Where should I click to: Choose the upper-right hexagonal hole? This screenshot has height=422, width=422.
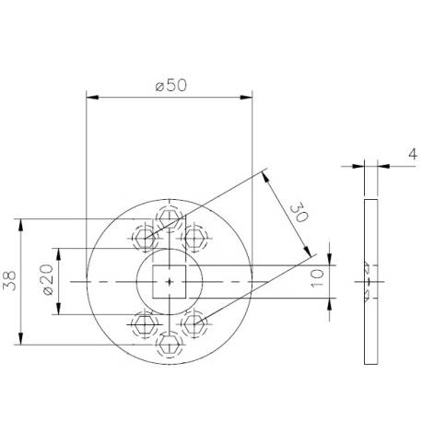[193, 237]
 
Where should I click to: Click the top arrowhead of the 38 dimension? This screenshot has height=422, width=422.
[20, 222]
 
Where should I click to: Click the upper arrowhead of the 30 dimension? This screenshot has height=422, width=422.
[266, 172]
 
